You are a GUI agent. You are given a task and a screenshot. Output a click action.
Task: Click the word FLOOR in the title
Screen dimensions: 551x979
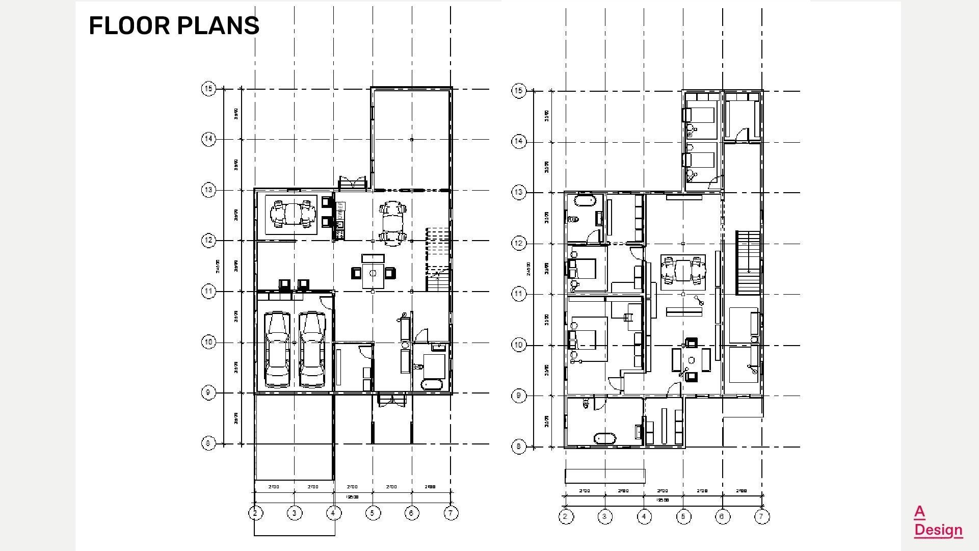pos(131,25)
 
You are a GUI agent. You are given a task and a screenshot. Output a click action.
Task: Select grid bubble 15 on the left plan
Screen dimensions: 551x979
pos(208,89)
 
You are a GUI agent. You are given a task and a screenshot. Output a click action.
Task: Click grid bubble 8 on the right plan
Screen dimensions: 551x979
pos(518,447)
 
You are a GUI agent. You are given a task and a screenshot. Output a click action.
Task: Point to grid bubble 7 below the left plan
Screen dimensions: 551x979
pos(451,513)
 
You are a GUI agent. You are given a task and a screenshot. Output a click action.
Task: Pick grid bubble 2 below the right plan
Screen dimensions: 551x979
pos(565,517)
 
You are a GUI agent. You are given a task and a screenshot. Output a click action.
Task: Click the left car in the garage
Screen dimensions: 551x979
pos(277,349)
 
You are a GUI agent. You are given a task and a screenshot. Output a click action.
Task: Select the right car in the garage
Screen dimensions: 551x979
pos(312,349)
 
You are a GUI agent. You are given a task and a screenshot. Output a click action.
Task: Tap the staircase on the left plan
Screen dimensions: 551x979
pos(438,260)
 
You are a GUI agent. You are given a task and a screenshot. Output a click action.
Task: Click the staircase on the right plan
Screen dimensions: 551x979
pos(748,263)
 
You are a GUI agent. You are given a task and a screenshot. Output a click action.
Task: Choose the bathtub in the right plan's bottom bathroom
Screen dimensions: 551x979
pos(605,438)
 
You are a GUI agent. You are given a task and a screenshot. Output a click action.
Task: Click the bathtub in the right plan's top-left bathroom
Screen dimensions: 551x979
pos(584,200)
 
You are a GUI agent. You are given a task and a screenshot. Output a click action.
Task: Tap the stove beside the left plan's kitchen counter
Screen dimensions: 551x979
pos(339,234)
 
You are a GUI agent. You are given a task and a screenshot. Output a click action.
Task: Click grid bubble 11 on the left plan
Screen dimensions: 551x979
pos(208,292)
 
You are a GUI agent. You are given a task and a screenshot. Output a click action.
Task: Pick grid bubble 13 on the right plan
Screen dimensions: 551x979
pos(518,193)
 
